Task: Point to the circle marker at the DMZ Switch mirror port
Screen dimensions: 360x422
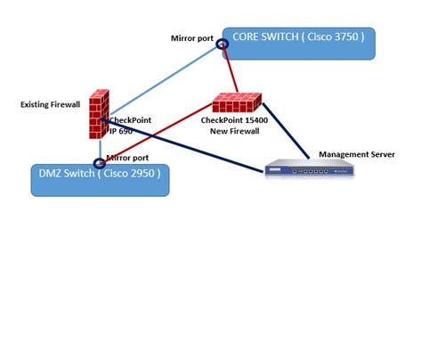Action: click(101, 163)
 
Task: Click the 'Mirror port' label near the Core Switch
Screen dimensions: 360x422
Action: click(192, 37)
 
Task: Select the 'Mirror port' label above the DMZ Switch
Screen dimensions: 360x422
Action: click(126, 157)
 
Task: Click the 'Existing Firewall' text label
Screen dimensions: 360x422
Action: click(50, 104)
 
